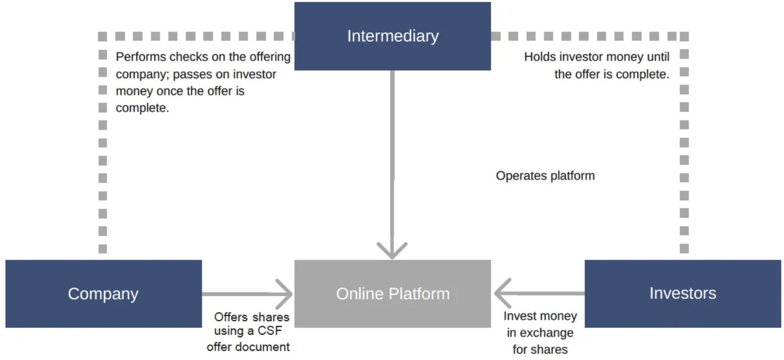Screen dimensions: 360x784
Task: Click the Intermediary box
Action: click(x=393, y=36)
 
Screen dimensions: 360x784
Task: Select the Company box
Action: click(x=103, y=293)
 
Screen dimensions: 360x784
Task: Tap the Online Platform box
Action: click(x=393, y=293)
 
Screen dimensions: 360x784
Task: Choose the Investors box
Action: click(x=683, y=293)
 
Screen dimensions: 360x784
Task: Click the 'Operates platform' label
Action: click(x=545, y=175)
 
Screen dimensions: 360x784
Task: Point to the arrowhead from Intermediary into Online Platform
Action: click(x=392, y=251)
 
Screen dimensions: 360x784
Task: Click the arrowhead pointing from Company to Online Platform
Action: click(x=286, y=293)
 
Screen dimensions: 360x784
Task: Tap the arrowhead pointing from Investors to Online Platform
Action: click(x=501, y=293)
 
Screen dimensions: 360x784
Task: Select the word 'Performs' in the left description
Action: click(x=141, y=56)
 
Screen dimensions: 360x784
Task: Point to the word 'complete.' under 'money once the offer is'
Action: click(x=142, y=108)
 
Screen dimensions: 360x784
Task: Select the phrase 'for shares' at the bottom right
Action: click(x=540, y=349)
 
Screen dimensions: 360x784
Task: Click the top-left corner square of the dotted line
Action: click(x=102, y=36)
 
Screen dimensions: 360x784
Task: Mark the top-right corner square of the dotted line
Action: click(x=684, y=36)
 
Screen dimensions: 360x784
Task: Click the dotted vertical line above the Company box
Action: click(x=102, y=151)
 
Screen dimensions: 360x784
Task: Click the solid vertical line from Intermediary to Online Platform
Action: click(x=392, y=151)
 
